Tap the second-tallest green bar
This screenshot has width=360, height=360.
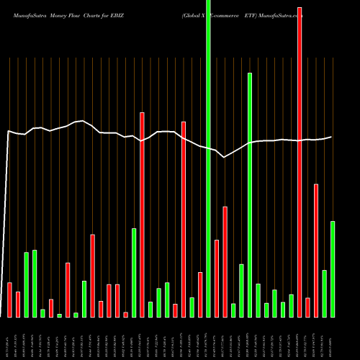(250, 194)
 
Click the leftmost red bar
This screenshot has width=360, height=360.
(10, 300)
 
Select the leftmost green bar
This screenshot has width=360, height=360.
(27, 284)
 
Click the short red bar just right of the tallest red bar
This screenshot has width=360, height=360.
(307, 307)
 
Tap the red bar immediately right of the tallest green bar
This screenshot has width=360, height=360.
(217, 278)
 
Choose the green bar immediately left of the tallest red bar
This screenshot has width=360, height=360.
(291, 306)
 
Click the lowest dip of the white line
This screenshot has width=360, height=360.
(225, 157)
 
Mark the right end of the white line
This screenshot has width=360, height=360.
(331, 137)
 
